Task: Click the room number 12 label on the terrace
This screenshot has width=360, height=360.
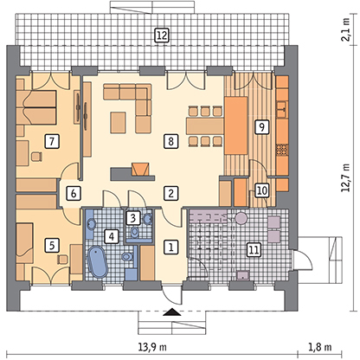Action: click(x=162, y=35)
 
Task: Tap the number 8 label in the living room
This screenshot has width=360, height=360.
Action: click(x=170, y=141)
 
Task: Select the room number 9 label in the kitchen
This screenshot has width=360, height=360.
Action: click(x=262, y=126)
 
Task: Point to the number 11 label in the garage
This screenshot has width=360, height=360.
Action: click(x=254, y=249)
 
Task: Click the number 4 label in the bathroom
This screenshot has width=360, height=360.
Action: click(x=112, y=236)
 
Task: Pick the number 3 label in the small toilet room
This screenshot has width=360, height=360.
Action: click(x=132, y=218)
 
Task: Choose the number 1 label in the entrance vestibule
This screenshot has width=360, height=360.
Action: click(x=170, y=247)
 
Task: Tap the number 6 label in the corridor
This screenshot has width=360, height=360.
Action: click(x=74, y=193)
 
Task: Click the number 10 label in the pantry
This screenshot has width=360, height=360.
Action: click(x=262, y=190)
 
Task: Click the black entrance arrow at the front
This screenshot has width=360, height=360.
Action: click(x=172, y=312)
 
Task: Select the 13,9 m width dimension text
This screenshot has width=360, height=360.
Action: click(x=152, y=347)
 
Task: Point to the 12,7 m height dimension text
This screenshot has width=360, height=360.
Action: click(x=346, y=178)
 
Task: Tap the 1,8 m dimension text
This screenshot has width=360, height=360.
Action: click(x=320, y=347)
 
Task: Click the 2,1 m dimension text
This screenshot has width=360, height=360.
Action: click(x=346, y=29)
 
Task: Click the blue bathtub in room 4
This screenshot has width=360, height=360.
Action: click(x=97, y=262)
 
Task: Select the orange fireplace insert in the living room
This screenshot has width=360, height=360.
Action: click(x=141, y=169)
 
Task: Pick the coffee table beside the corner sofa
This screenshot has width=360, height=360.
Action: click(x=119, y=123)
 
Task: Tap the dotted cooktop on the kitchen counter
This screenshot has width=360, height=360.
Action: click(x=282, y=150)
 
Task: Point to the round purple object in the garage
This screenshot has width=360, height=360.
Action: click(x=241, y=218)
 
